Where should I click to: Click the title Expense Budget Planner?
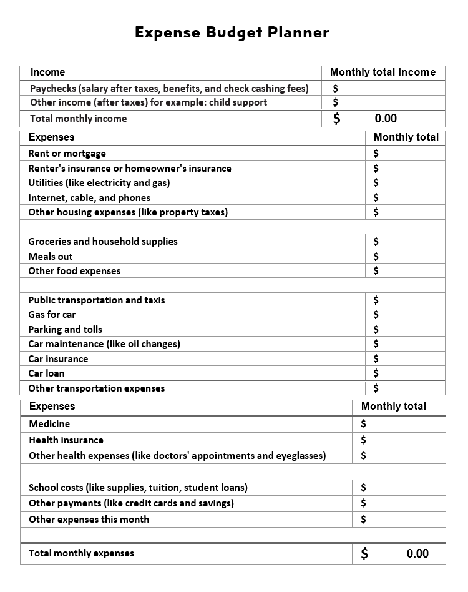(x=232, y=32)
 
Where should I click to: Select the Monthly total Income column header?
(x=383, y=72)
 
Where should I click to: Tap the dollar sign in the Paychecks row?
(x=336, y=89)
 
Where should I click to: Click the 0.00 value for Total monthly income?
(x=386, y=119)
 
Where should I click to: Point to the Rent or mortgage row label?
(x=67, y=154)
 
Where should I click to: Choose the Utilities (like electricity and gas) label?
(x=99, y=183)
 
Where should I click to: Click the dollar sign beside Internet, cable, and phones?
(x=376, y=198)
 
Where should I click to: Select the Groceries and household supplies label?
(x=103, y=242)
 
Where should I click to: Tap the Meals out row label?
(x=51, y=257)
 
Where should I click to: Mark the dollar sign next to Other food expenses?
(x=376, y=271)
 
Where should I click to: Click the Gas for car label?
(x=52, y=315)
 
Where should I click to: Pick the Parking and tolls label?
(x=65, y=330)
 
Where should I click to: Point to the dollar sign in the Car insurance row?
(x=376, y=359)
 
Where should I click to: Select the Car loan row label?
(x=46, y=373)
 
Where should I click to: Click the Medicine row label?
(x=49, y=424)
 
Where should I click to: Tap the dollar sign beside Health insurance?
(x=364, y=440)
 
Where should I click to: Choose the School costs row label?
(x=138, y=488)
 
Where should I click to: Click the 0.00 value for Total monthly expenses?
(x=417, y=553)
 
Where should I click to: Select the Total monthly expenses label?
(x=81, y=553)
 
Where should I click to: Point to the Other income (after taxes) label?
(x=149, y=102)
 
